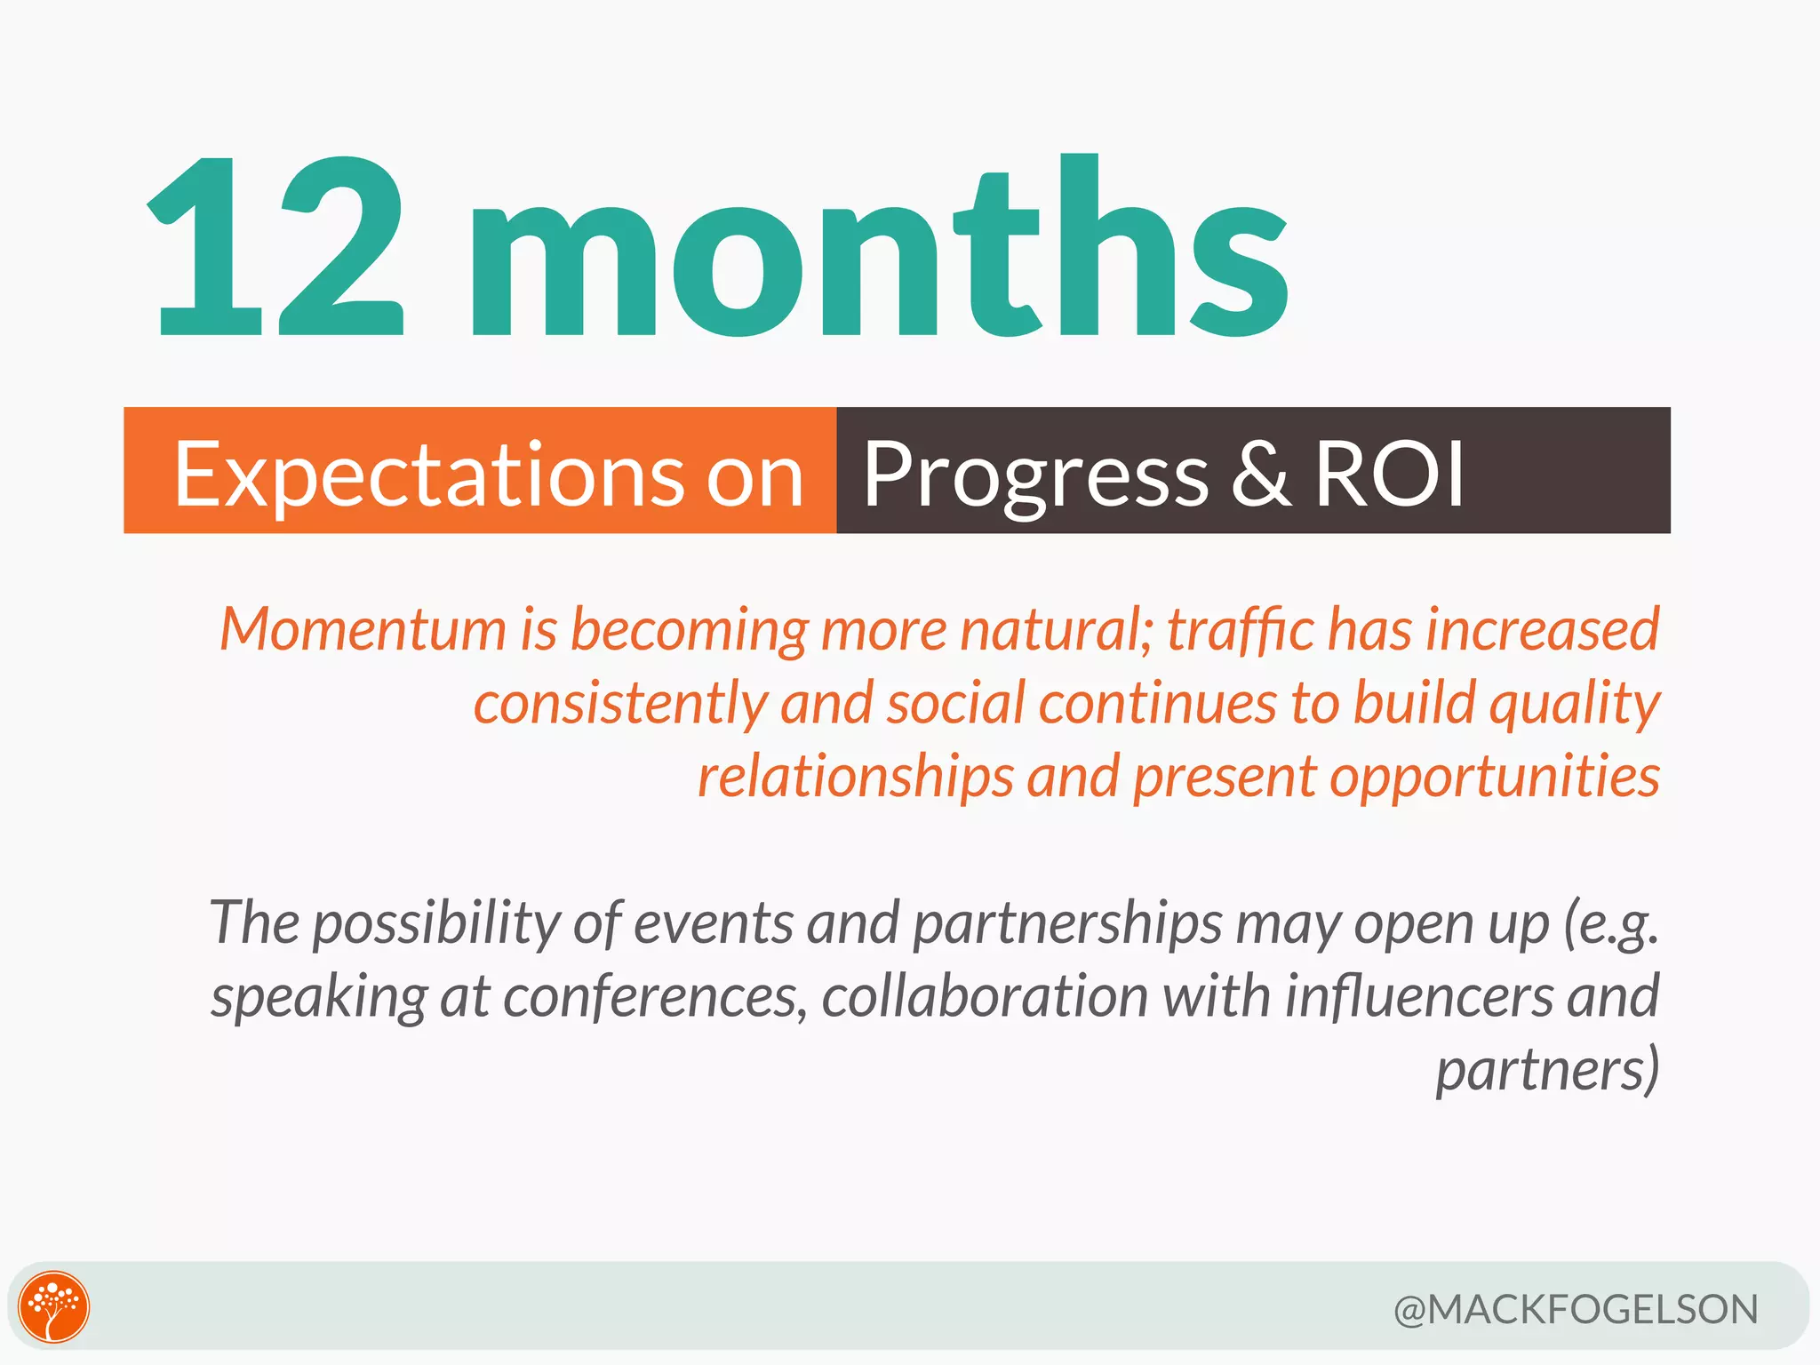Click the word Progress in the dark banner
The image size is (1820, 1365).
click(1034, 476)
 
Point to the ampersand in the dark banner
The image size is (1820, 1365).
click(1260, 475)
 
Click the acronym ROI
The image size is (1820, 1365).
click(1389, 475)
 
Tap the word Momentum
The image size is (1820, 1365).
click(363, 629)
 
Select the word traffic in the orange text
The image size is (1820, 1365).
click(1240, 629)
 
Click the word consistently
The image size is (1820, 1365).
click(619, 703)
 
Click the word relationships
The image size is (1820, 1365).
click(855, 777)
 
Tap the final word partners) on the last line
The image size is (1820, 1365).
click(1547, 1071)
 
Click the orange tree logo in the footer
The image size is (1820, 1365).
click(54, 1306)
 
